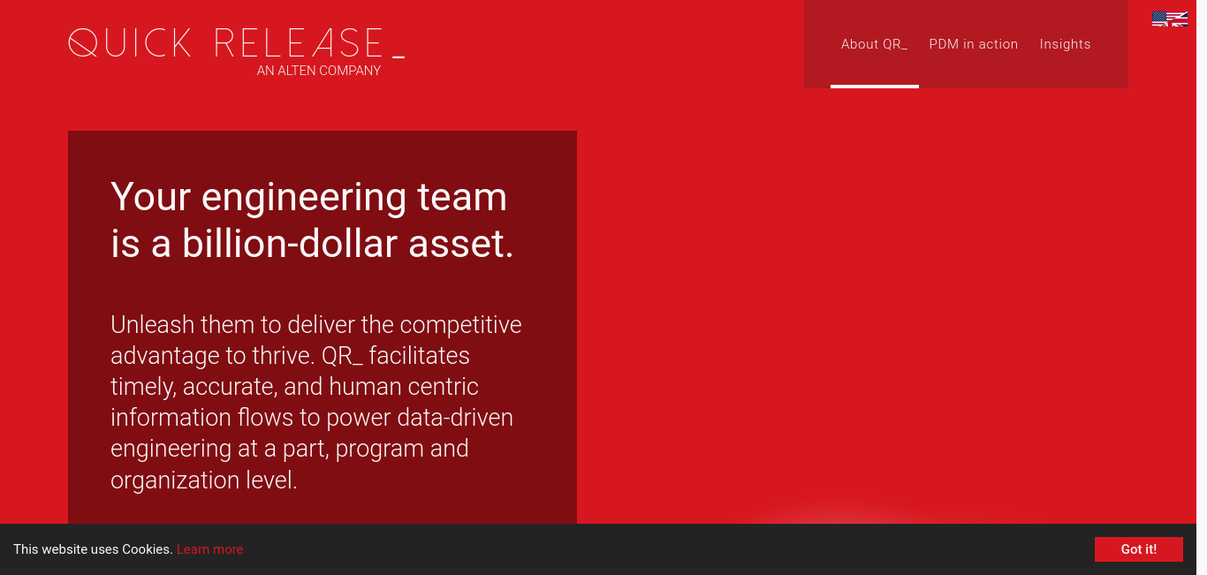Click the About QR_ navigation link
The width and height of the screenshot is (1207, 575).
[874, 44]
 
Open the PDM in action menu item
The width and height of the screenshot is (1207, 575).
[973, 44]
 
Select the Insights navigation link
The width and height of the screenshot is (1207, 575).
[1065, 44]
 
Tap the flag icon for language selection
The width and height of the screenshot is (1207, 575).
[1169, 19]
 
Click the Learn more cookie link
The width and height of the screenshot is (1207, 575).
[209, 549]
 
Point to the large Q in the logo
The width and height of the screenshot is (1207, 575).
[83, 42]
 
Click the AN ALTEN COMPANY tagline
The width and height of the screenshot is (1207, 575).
[318, 71]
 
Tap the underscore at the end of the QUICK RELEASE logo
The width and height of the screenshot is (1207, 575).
[399, 56]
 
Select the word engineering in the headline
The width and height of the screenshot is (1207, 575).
[304, 198]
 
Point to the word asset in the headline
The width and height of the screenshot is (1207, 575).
[460, 245]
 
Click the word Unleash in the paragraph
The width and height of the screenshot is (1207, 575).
[153, 325]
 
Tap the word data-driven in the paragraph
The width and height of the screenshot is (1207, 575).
[455, 418]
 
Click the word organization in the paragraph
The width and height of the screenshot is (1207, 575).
[175, 480]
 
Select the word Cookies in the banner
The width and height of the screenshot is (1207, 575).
[147, 549]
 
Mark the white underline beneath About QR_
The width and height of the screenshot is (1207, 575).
[875, 87]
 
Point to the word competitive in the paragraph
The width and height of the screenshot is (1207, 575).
[460, 326]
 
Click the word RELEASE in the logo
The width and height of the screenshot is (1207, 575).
[299, 43]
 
